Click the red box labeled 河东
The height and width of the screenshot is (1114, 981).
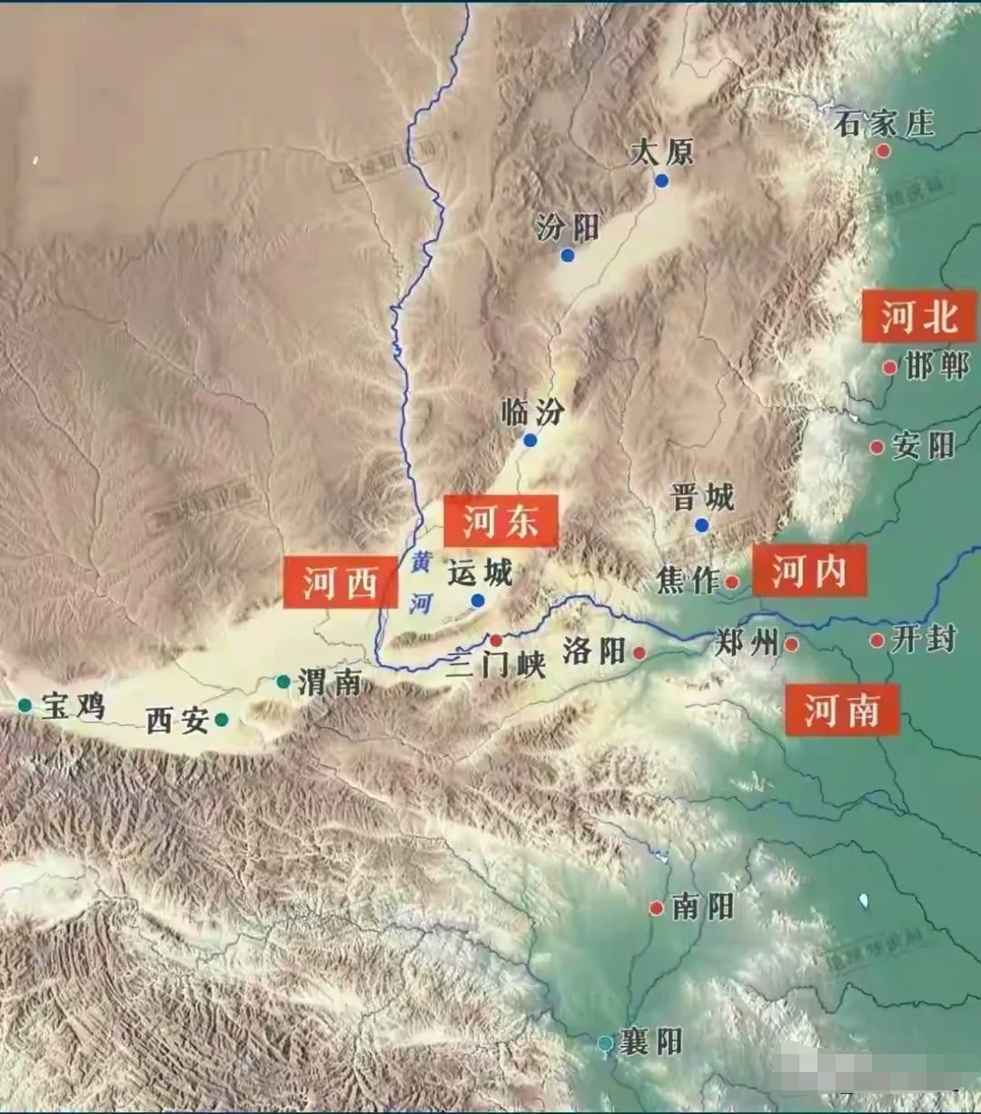coord(500,522)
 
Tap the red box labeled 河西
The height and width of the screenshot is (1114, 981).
coord(340,582)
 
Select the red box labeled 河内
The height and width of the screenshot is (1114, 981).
coord(808,572)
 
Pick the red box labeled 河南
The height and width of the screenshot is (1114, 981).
coord(841,709)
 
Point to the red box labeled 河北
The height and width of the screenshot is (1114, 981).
coord(919,317)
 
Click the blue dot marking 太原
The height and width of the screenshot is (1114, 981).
coord(662,181)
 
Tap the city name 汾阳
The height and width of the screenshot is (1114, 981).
coord(568,227)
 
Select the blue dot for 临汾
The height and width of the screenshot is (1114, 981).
coord(530,441)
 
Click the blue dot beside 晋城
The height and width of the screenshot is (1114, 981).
coord(701,525)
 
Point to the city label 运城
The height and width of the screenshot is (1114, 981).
coord(481,572)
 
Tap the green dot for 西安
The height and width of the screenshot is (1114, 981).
coord(222,721)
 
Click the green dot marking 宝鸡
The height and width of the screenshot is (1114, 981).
coord(25,705)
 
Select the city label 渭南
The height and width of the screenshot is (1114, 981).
coord(329,681)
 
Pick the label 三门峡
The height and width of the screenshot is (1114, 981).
coord(496,664)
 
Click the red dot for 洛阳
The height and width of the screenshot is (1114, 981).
coord(639,652)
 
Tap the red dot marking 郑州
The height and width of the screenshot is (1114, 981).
coord(791,644)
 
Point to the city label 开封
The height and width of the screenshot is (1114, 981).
coord(923,639)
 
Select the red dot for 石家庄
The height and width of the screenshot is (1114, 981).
coord(883,151)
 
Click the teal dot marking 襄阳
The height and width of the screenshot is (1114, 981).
coord(606,1044)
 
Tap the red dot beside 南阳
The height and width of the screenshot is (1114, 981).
coord(657,908)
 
